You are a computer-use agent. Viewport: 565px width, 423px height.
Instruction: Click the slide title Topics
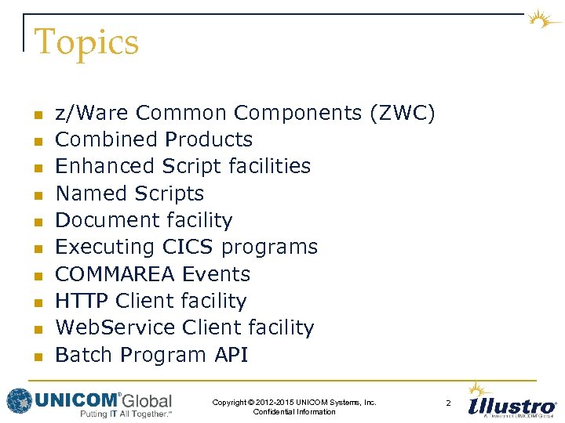[86, 42]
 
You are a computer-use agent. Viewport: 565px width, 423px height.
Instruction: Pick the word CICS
[188, 247]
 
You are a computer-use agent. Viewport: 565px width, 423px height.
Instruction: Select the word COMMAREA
[115, 274]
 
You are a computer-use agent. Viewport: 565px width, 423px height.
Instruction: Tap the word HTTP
[82, 301]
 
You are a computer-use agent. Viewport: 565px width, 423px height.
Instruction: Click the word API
[231, 355]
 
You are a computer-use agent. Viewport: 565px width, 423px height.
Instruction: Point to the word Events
[216, 274]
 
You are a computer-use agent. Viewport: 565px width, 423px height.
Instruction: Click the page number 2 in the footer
[448, 403]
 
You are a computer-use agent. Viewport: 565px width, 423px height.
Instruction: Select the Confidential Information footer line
[294, 412]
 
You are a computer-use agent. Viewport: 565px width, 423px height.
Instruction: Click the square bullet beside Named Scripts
[36, 194]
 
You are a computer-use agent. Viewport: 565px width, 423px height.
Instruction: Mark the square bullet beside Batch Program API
[36, 356]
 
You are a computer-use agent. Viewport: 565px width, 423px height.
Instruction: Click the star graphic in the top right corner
[542, 19]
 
